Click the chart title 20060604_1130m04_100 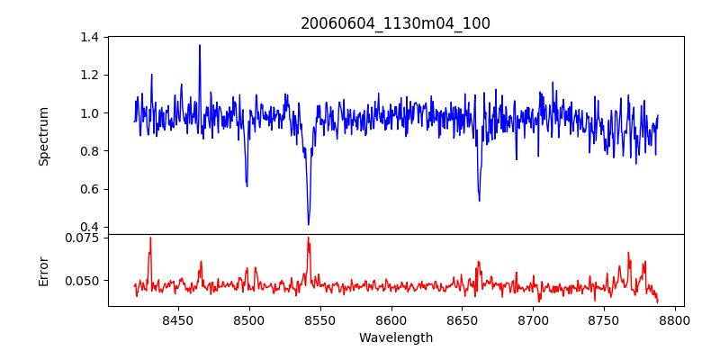(395, 23)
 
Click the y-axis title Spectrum (43, 135)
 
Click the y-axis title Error (43, 270)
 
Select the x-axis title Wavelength (395, 337)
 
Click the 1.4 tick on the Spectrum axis (89, 37)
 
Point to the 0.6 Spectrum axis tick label (89, 189)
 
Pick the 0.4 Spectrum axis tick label (89, 227)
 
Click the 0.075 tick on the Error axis (84, 238)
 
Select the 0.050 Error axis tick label (84, 281)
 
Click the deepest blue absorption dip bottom (308, 224)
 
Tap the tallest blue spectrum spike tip (200, 45)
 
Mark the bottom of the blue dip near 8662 (479, 200)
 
